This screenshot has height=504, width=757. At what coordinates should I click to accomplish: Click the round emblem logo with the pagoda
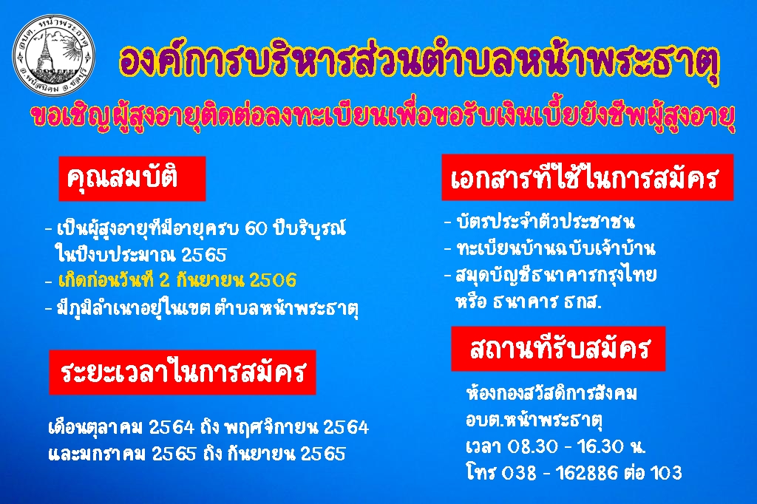pyautogui.click(x=53, y=55)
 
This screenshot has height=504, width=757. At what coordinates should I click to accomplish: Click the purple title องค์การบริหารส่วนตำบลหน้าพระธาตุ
pyautogui.click(x=419, y=64)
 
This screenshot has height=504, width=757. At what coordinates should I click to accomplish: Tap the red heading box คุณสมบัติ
pyautogui.click(x=132, y=179)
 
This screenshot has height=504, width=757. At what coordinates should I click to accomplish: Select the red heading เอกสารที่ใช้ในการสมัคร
pyautogui.click(x=587, y=177)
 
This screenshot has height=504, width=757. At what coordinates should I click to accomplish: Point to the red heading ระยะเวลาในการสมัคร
pyautogui.click(x=183, y=372)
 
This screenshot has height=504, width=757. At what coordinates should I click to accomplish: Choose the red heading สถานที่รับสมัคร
pyautogui.click(x=558, y=349)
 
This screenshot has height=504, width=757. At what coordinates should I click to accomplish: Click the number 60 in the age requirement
pyautogui.click(x=256, y=228)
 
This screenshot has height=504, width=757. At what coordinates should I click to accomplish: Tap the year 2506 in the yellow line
pyautogui.click(x=274, y=281)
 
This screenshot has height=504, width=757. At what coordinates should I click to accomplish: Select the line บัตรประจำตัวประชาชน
pyautogui.click(x=545, y=222)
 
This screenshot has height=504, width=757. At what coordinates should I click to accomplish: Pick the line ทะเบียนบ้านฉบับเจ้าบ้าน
pyautogui.click(x=556, y=248)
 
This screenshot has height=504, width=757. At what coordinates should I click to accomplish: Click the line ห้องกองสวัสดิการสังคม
pyautogui.click(x=551, y=393)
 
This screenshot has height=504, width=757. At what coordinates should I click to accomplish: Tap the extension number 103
pyautogui.click(x=666, y=473)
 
